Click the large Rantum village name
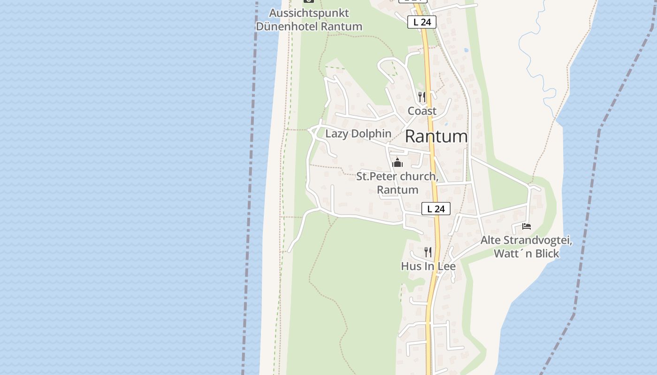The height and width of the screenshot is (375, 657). [x=436, y=136]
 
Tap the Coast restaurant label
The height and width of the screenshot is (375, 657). [x=422, y=111]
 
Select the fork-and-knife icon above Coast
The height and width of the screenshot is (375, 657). [x=422, y=97]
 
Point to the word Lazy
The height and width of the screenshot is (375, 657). [x=337, y=134]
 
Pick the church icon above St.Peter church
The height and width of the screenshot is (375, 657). [x=397, y=163]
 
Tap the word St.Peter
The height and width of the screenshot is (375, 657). [x=374, y=177]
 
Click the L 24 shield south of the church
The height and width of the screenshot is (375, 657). [x=436, y=209]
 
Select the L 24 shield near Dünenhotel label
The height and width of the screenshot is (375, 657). [x=422, y=22]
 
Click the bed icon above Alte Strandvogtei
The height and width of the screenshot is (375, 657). [x=527, y=227]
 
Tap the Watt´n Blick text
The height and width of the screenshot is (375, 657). [x=527, y=254]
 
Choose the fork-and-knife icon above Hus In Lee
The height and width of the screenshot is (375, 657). [x=428, y=252]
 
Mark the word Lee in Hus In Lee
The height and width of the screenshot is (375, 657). [x=446, y=266]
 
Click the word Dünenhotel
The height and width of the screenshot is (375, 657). [x=287, y=26]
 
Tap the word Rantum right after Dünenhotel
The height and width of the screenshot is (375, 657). [x=342, y=26]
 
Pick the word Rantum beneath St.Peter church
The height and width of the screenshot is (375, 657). [x=397, y=190]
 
